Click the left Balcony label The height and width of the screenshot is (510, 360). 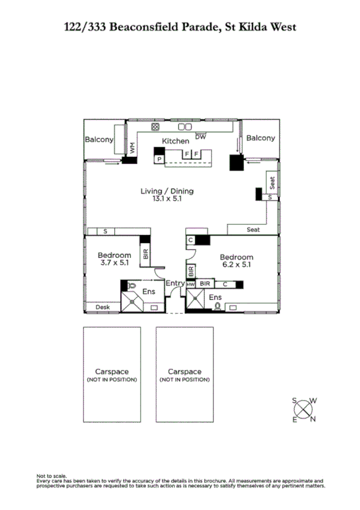pos(99,139)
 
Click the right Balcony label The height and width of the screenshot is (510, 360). pos(261,138)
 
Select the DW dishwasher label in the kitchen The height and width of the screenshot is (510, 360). pos(201,137)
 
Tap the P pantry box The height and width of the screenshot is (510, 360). pos(159,159)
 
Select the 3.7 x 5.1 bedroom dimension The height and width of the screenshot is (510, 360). pos(114,263)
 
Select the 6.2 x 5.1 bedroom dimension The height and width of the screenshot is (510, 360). pos(236,263)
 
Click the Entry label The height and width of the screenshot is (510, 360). pos(175,283)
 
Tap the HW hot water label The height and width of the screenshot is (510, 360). pos(191,283)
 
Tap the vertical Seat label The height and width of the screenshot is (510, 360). pos(272,182)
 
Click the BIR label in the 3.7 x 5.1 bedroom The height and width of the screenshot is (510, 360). pos(145,254)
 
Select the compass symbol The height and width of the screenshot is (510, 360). pos(305,409)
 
